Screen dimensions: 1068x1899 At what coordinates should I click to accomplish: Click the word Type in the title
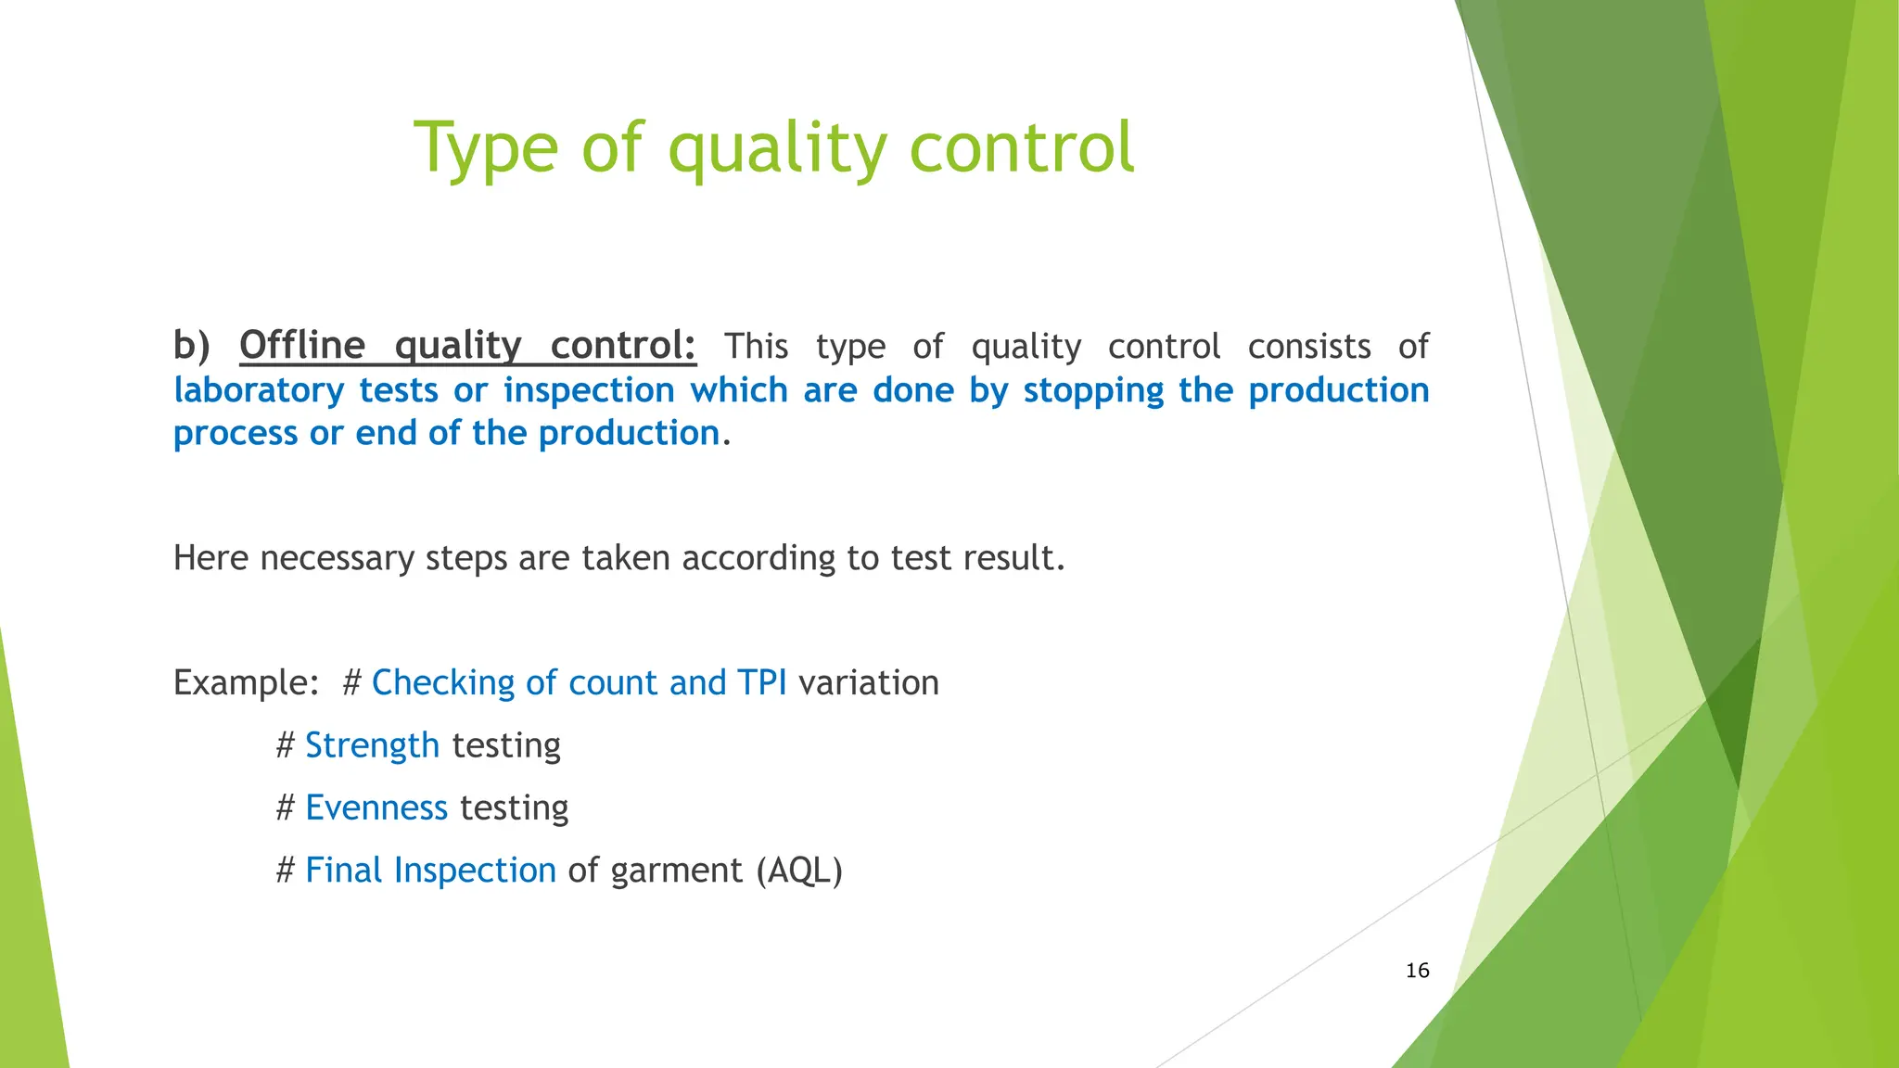[x=485, y=148]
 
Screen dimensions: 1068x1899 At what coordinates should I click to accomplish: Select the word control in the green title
[x=1021, y=148]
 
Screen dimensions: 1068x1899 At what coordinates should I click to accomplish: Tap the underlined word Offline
[x=302, y=346]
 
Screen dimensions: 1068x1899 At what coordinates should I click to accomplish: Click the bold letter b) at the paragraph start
[x=192, y=346]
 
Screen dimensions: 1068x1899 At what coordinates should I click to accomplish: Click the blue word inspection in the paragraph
[x=589, y=390]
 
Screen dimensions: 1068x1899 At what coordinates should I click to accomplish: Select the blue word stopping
[x=1093, y=390]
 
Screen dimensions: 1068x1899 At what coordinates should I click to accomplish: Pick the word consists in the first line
[x=1308, y=347]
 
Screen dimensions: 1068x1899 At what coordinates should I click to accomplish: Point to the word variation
[x=868, y=683]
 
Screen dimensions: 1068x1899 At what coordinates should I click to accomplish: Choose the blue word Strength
[x=372, y=745]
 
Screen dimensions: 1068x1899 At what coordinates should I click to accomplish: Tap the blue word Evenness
[x=376, y=807]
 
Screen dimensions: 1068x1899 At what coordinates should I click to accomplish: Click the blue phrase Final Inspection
[x=430, y=871]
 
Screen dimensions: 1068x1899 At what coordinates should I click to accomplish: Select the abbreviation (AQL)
[x=798, y=871]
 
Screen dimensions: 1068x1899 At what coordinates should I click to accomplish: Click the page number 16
[x=1417, y=971]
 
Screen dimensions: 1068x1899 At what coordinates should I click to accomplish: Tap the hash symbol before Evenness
[x=286, y=807]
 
